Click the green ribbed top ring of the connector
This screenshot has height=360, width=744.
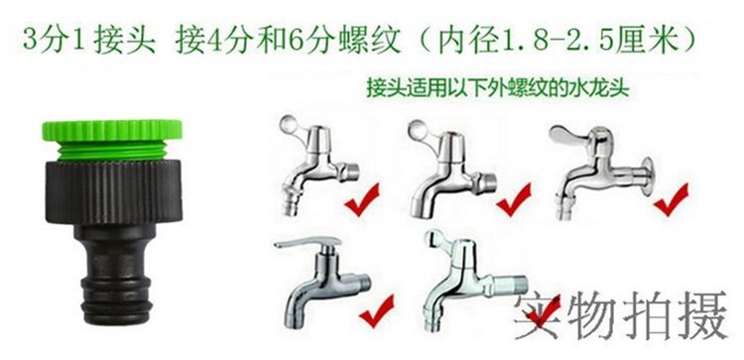(x=112, y=131)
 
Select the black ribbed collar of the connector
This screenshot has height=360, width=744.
(x=114, y=191)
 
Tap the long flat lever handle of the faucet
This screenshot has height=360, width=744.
(x=307, y=242)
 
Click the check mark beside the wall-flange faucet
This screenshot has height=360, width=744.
(x=671, y=199)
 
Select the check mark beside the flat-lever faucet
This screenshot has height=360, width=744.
(x=376, y=309)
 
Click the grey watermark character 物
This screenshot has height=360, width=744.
(x=593, y=314)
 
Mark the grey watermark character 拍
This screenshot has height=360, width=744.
(x=648, y=314)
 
